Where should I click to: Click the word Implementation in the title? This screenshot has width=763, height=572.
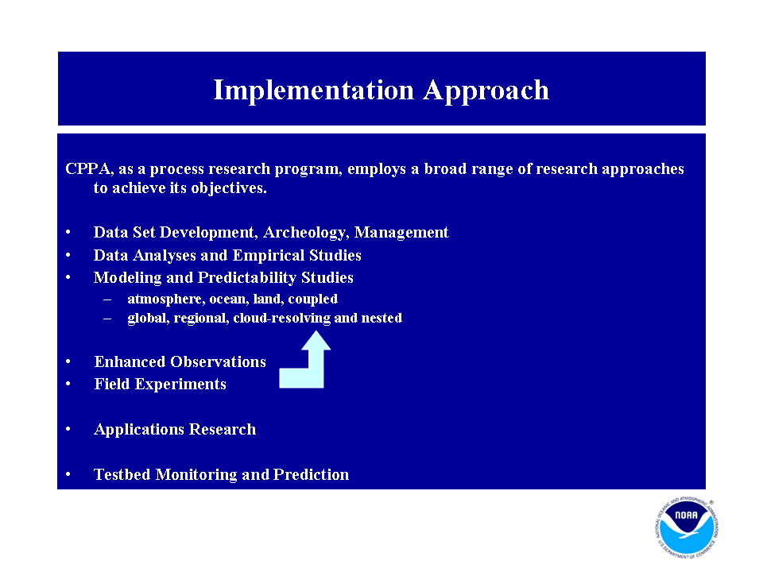[314, 91]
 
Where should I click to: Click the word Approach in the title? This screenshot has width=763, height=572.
[486, 91]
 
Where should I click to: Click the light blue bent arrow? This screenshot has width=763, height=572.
[316, 372]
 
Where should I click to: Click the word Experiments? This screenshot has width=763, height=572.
[180, 385]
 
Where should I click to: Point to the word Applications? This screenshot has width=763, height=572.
[139, 430]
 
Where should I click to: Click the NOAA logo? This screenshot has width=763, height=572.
[687, 528]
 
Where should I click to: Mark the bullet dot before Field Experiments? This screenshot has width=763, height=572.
[68, 385]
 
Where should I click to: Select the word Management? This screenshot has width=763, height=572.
[401, 233]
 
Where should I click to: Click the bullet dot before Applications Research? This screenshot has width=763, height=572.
[68, 430]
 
